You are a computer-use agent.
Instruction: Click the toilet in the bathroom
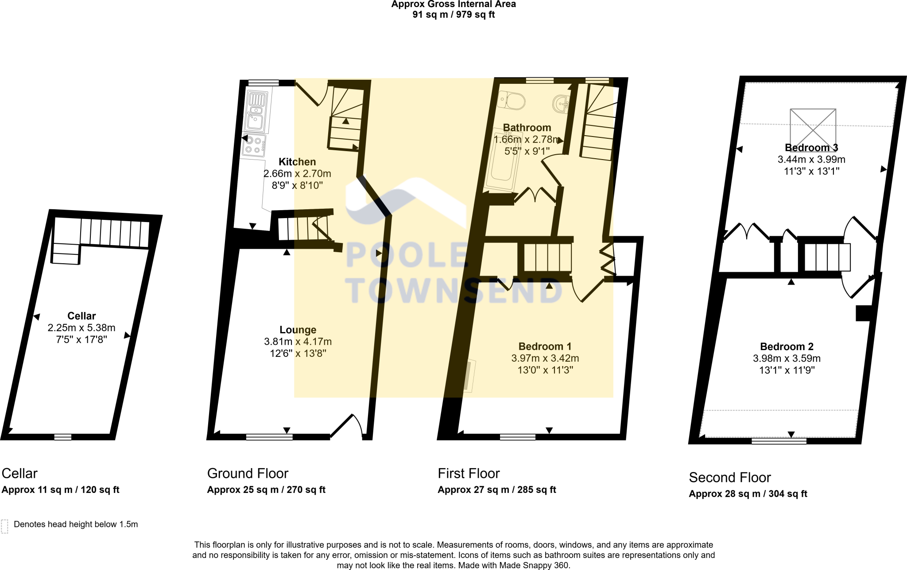coord(512,101)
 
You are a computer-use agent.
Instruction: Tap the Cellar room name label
coord(81,316)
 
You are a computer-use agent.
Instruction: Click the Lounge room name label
coord(298,330)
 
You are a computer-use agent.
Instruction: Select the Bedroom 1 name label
coord(545,347)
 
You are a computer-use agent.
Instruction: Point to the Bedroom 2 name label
coord(787,347)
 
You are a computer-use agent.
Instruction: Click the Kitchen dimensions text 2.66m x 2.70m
coord(297,174)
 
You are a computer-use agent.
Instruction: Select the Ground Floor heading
coord(248,473)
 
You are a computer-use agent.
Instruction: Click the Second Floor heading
coord(729,477)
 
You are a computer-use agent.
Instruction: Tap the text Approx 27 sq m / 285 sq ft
coord(496,490)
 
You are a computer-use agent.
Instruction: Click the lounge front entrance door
coord(348,426)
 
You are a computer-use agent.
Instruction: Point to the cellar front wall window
coord(63,437)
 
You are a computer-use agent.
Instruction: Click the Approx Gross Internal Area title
coord(453,4)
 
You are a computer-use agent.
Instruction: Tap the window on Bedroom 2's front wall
coord(779,441)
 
